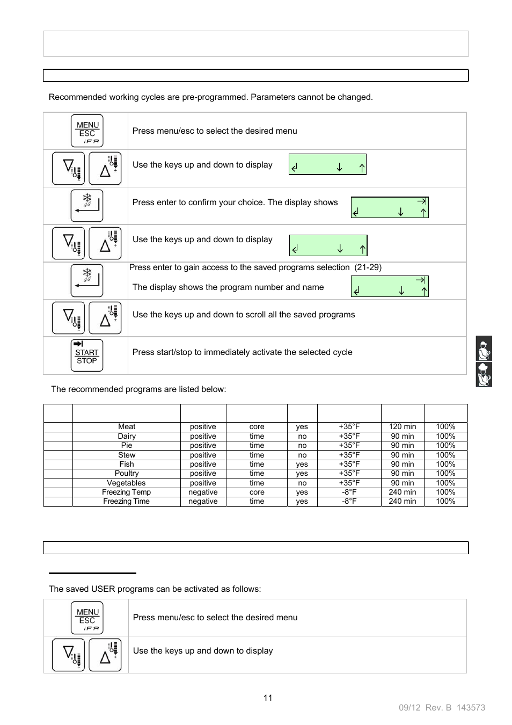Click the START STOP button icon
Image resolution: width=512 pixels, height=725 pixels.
tap(87, 356)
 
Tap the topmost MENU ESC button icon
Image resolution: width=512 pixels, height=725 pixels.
tap(87, 131)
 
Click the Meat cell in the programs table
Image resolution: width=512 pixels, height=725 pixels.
tap(127, 427)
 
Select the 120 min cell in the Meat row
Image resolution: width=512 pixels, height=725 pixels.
tap(403, 427)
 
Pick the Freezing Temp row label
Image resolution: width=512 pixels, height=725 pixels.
tap(127, 492)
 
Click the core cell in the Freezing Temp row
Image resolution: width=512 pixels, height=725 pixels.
tap(257, 492)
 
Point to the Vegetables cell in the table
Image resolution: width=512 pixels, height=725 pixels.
tap(127, 483)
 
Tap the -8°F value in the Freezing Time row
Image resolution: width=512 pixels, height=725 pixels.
tap(349, 501)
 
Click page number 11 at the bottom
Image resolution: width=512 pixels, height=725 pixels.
tap(268, 698)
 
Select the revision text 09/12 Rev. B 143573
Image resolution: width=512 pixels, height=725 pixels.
tap(442, 708)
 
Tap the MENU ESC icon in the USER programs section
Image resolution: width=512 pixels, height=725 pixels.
tap(87, 618)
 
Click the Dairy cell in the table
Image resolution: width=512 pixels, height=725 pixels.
tap(127, 436)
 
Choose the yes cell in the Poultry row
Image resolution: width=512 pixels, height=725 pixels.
tap(302, 473)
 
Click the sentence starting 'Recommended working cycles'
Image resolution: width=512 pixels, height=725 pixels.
tap(210, 97)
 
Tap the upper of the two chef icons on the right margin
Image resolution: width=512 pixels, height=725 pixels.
tap(484, 349)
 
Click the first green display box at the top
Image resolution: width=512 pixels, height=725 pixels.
tap(327, 165)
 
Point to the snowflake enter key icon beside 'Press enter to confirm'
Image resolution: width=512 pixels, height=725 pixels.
tap(87, 206)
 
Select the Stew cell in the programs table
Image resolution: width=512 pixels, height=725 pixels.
tap(127, 455)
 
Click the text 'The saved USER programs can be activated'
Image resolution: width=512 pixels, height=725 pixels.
tap(155, 589)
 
